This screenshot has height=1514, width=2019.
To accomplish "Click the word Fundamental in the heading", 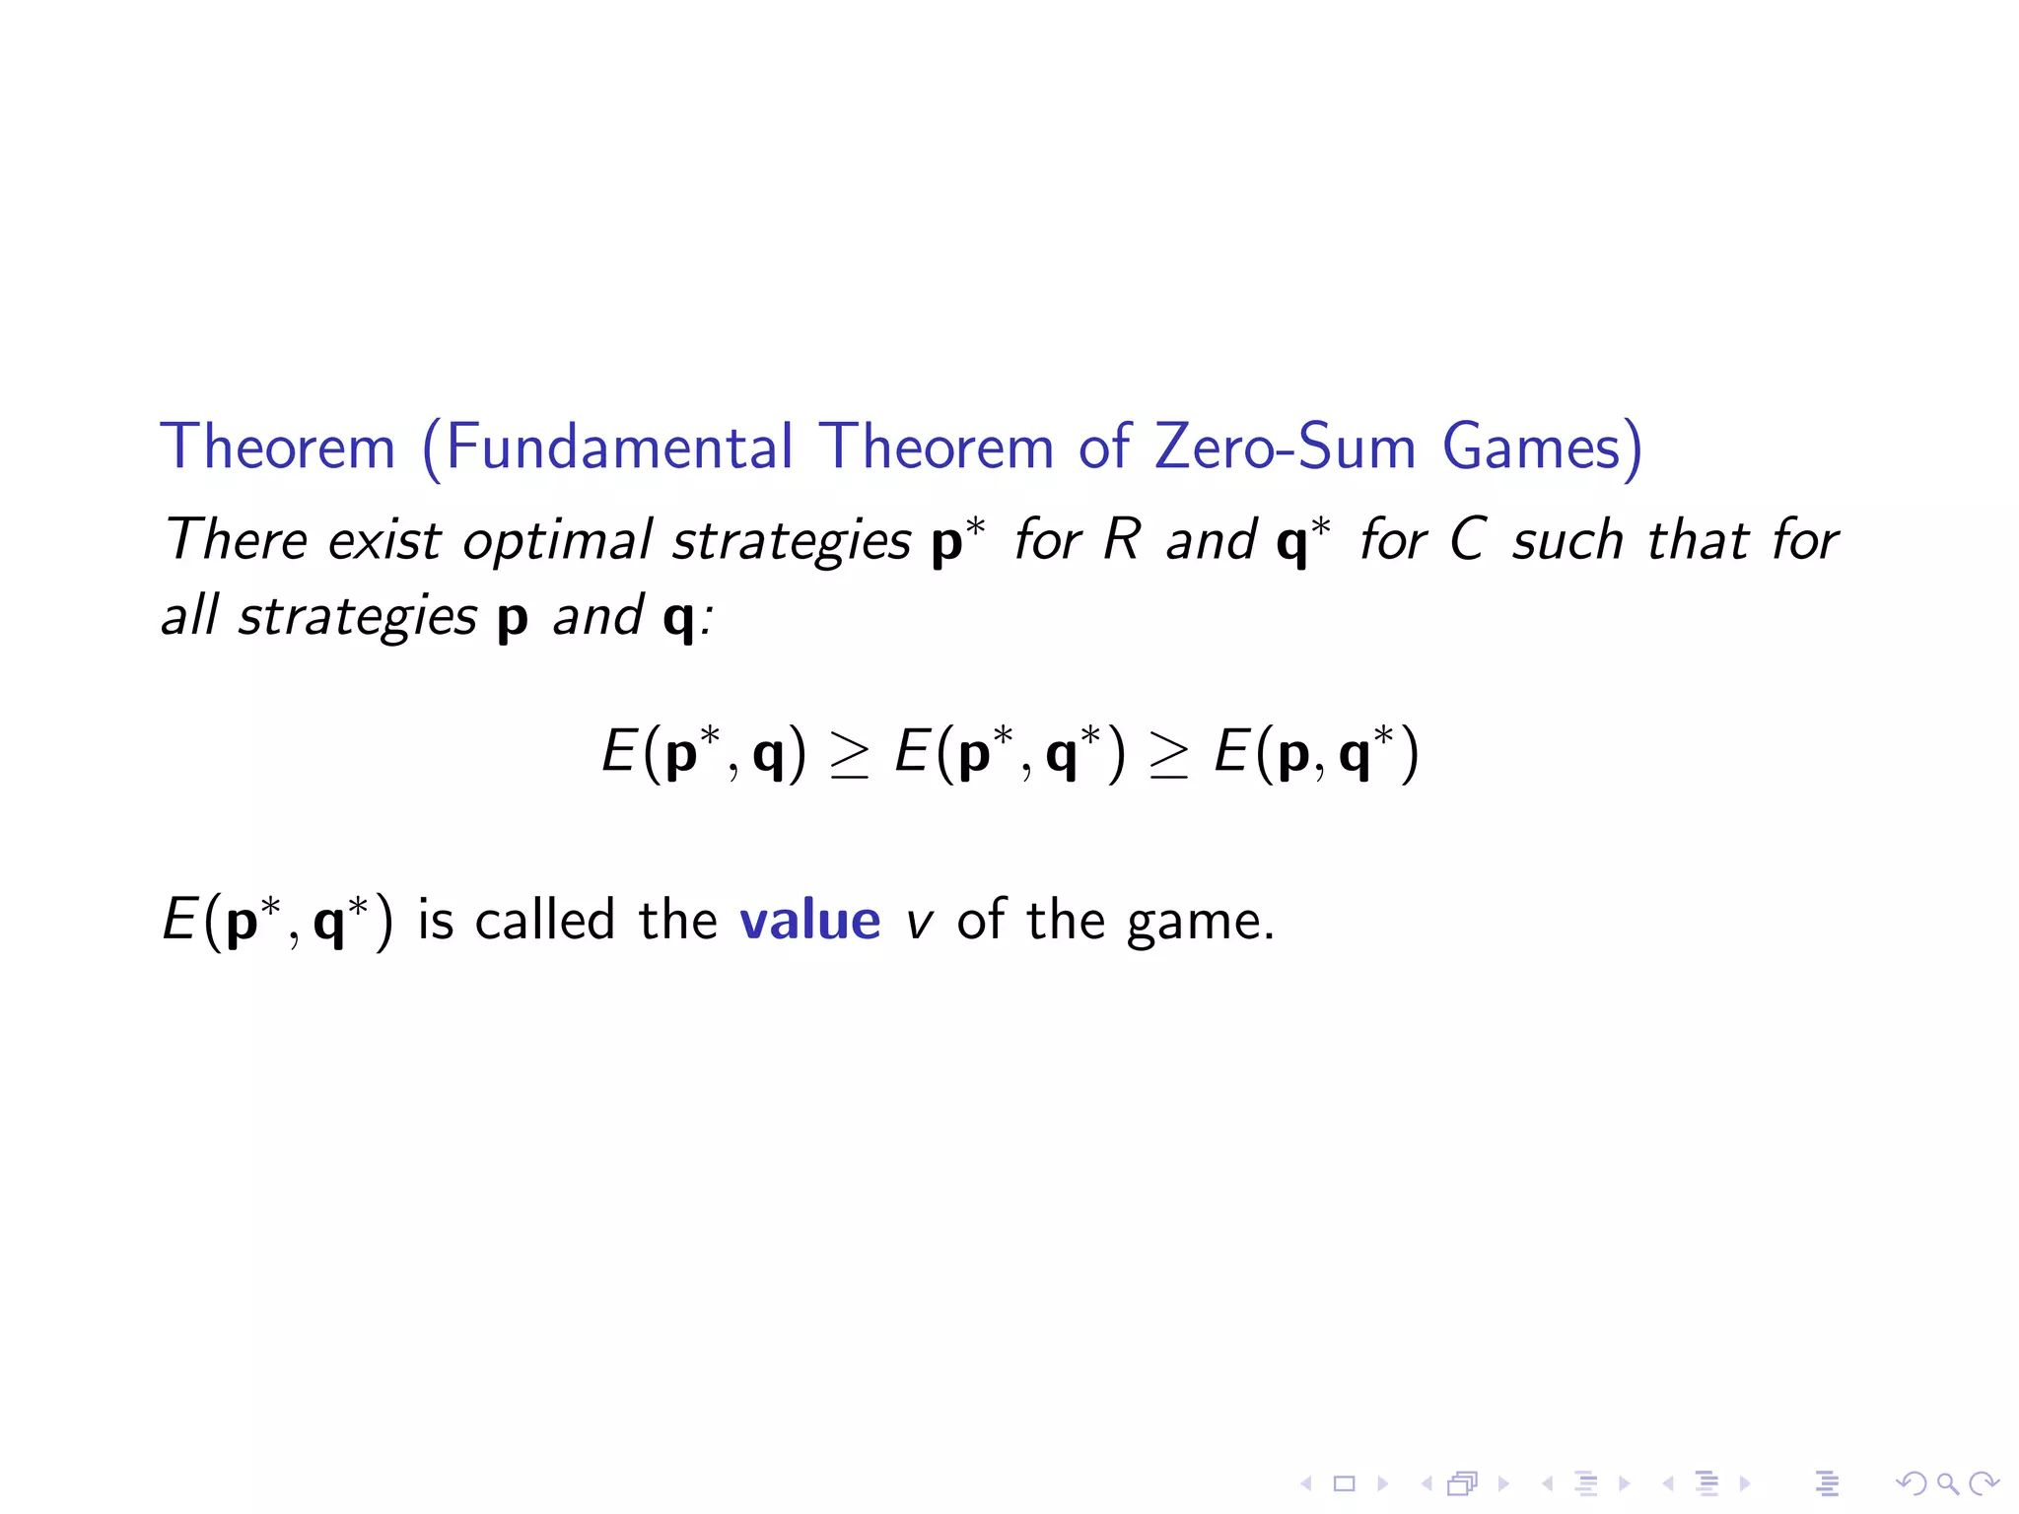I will [x=619, y=447].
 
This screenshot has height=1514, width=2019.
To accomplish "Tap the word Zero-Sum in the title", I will [x=1286, y=447].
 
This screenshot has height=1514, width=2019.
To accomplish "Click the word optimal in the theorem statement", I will [x=557, y=540].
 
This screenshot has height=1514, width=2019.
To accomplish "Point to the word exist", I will [x=384, y=540].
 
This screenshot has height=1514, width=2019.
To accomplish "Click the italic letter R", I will [x=1122, y=539].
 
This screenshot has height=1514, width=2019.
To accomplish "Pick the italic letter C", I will [x=1468, y=539].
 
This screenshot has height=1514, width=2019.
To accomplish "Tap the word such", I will [x=1567, y=540].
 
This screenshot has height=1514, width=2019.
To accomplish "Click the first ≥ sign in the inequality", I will [x=850, y=756].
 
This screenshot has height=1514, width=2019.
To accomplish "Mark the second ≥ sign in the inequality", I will [x=1169, y=756].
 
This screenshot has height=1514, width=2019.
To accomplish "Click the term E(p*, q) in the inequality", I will [x=704, y=754].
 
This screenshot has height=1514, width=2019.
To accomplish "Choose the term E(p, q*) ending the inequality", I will [x=1317, y=754].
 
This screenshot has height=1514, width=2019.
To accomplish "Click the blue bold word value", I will [x=809, y=921].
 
